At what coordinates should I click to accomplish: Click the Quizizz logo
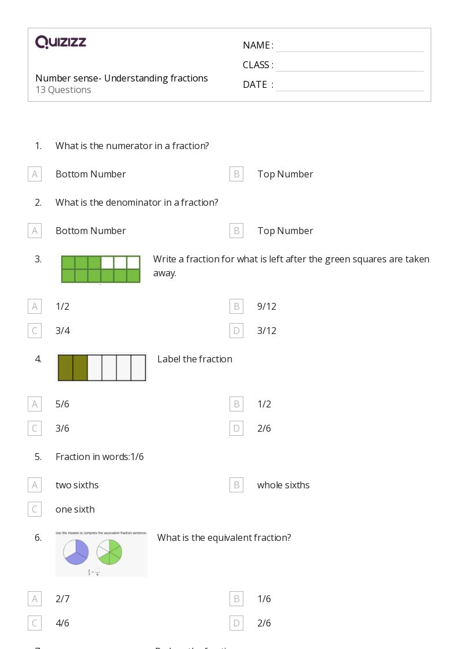click(x=61, y=42)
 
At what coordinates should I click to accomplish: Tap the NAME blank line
click(x=349, y=46)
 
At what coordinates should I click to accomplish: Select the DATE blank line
click(x=349, y=85)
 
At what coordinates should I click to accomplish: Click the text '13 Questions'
click(x=63, y=90)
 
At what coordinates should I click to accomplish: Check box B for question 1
click(x=236, y=174)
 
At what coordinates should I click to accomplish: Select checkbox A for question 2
click(x=35, y=231)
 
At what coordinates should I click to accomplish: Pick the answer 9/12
click(x=266, y=306)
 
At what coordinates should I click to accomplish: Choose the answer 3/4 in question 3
click(x=62, y=331)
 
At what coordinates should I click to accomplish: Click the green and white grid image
click(x=101, y=269)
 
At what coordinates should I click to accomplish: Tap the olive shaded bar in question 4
click(x=73, y=368)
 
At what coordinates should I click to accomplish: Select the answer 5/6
click(x=62, y=404)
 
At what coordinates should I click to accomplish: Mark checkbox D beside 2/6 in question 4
click(x=236, y=428)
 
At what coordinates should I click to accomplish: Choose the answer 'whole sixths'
click(x=283, y=485)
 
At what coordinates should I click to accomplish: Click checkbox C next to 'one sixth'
click(x=35, y=509)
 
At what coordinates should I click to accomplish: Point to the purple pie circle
click(x=76, y=551)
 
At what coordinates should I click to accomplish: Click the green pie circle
click(x=109, y=551)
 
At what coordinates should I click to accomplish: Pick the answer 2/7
click(x=62, y=599)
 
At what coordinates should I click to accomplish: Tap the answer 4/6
click(x=62, y=623)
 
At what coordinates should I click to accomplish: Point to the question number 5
click(x=38, y=457)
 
